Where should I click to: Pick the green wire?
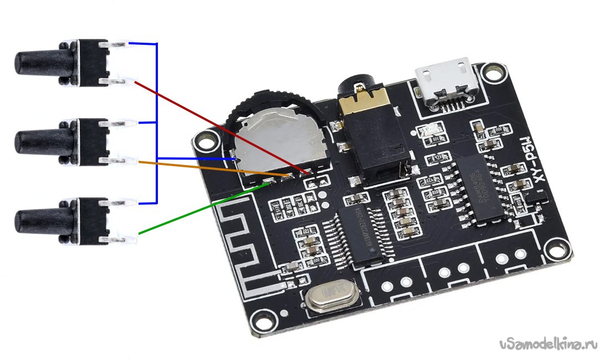(x=199, y=209)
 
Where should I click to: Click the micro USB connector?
(x=444, y=83)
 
